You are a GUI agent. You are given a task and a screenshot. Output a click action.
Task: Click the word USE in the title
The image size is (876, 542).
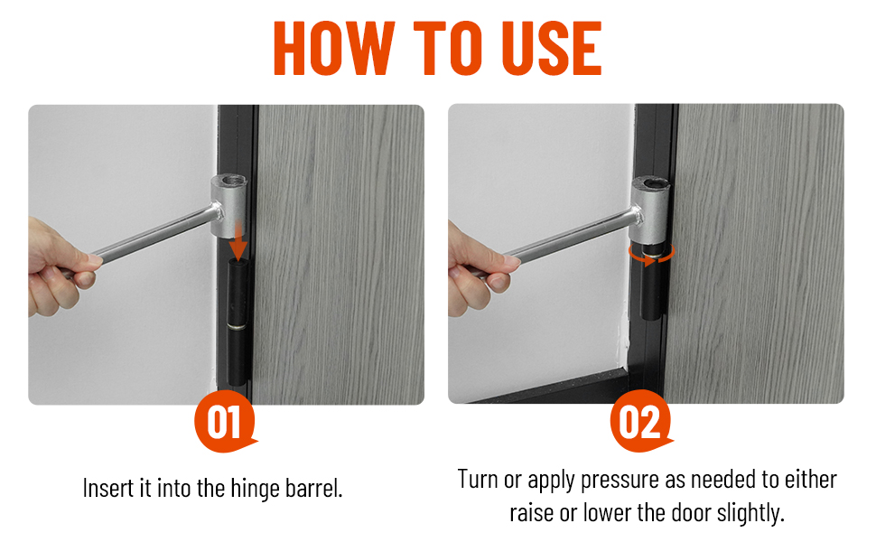tap(552, 48)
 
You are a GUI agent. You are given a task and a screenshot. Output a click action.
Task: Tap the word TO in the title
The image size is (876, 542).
tap(448, 48)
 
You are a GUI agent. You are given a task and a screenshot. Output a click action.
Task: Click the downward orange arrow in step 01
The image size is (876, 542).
tap(238, 241)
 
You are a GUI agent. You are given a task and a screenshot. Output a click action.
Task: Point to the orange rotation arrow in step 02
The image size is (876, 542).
tap(651, 254)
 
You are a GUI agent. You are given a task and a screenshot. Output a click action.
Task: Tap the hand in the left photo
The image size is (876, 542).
tap(59, 267)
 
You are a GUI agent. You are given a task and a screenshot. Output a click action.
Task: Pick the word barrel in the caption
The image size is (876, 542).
tap(314, 488)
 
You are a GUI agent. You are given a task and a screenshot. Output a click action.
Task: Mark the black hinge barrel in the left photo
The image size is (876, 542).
tap(238, 322)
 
